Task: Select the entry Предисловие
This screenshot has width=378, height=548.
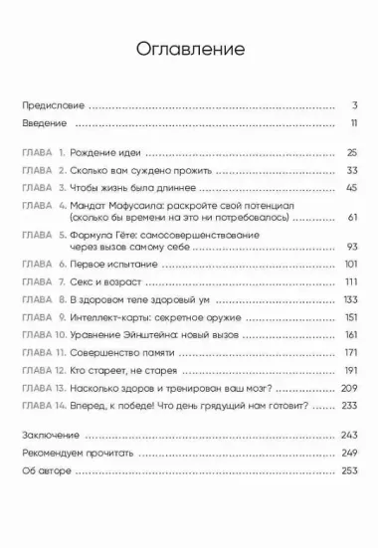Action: click(55, 103)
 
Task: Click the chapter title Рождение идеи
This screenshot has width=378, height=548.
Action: click(104, 152)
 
